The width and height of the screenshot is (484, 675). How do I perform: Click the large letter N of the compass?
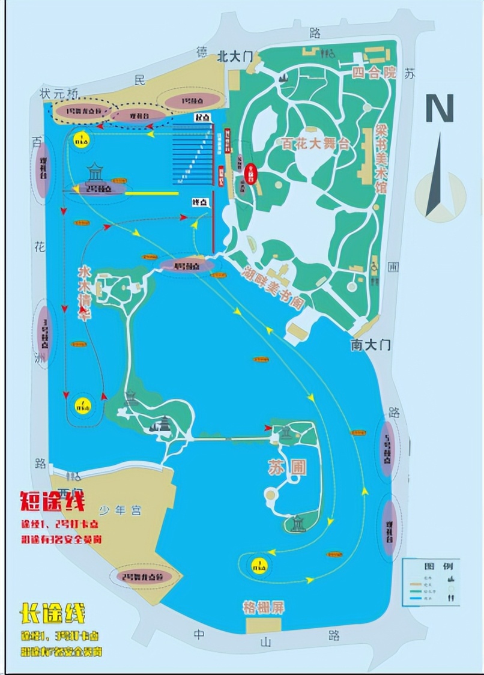pyautogui.click(x=440, y=108)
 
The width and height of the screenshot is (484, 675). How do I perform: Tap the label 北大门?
pyautogui.click(x=237, y=57)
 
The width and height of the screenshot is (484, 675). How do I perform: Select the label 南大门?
pyautogui.click(x=371, y=345)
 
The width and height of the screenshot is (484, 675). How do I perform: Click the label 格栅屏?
pyautogui.click(x=263, y=607)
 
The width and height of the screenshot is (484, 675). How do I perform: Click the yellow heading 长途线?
pyautogui.click(x=53, y=613)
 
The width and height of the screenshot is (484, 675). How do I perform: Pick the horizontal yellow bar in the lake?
pyautogui.click(x=151, y=193)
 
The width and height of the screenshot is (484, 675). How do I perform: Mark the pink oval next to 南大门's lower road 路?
pyautogui.click(x=387, y=447)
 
